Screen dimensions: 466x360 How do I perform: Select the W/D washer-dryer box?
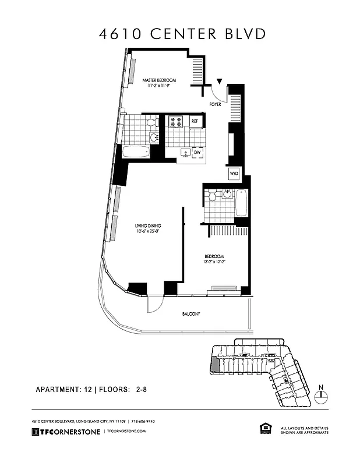(234, 173)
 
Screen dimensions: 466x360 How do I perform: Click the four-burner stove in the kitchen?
(175, 121)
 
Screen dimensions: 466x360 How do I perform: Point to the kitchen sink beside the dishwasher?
(184, 153)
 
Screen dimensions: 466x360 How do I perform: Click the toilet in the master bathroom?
(152, 122)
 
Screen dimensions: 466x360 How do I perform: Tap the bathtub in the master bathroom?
(136, 152)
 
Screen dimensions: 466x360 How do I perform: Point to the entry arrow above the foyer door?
(220, 82)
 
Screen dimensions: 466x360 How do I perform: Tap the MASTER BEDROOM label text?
(159, 80)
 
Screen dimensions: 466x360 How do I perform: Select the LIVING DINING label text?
(148, 225)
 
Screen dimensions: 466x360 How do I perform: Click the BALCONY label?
(190, 314)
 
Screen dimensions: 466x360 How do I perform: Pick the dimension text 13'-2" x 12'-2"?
(214, 263)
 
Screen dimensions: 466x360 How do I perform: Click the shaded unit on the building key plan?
(216, 365)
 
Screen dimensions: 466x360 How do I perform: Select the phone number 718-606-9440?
(143, 421)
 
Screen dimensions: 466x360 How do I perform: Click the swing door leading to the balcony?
(156, 303)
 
